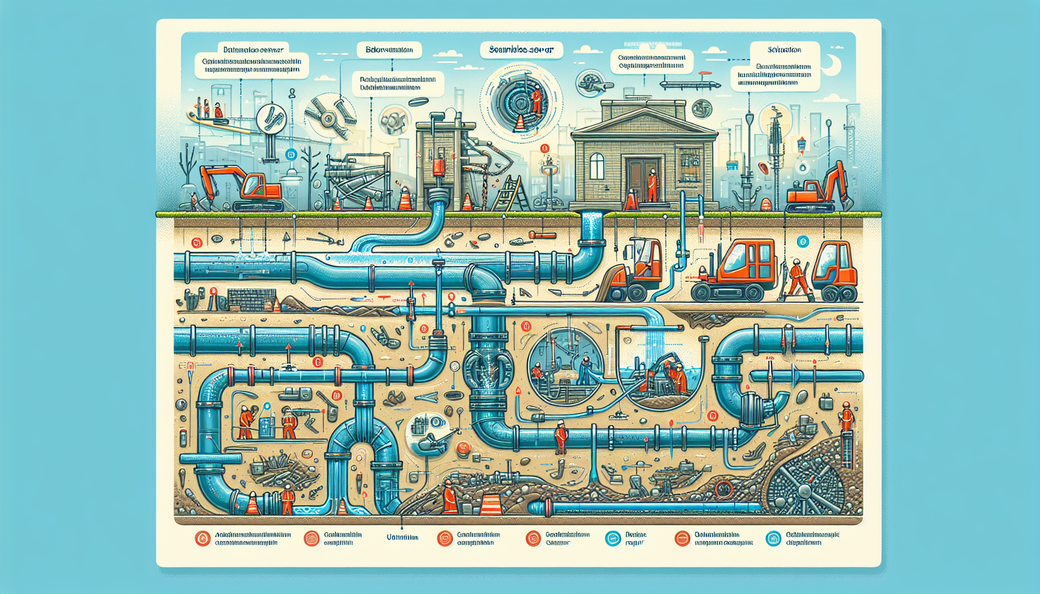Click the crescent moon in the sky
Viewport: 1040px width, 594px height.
pyautogui.click(x=834, y=65)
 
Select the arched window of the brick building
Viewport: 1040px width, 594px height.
pyautogui.click(x=597, y=166)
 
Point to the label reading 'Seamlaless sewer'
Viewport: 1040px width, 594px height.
pyautogui.click(x=521, y=50)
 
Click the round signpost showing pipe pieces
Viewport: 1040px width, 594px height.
pyautogui.click(x=271, y=119)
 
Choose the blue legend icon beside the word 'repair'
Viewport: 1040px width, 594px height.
pyautogui.click(x=613, y=539)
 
